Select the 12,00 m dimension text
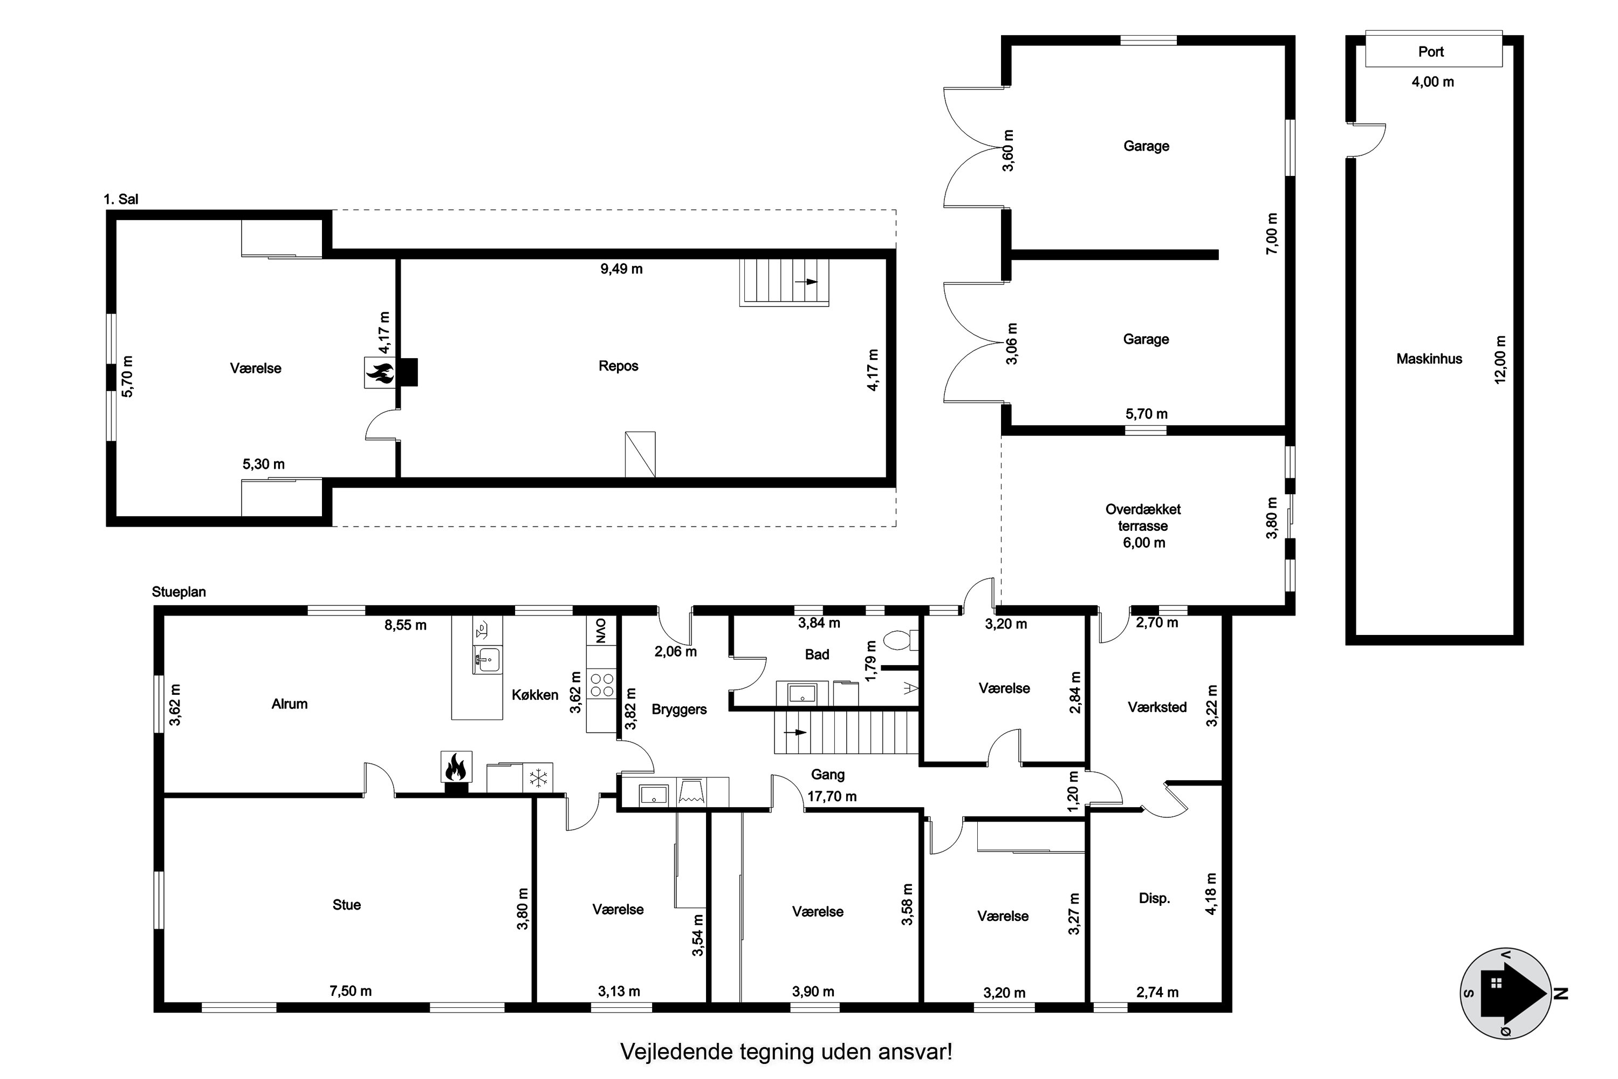(1500, 359)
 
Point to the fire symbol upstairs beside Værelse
(379, 372)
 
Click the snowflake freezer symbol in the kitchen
(537, 778)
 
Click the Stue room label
(346, 905)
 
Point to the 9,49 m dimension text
(621, 269)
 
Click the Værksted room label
(1156, 707)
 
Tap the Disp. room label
(1154, 898)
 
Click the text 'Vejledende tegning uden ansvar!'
(786, 1051)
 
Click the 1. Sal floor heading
(120, 199)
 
